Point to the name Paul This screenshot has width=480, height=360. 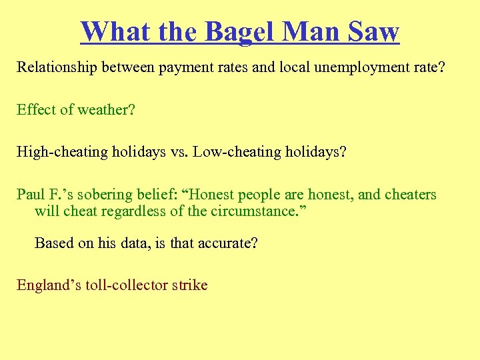[x=30, y=195]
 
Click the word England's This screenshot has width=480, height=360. [x=45, y=286]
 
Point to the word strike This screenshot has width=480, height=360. [x=191, y=286]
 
